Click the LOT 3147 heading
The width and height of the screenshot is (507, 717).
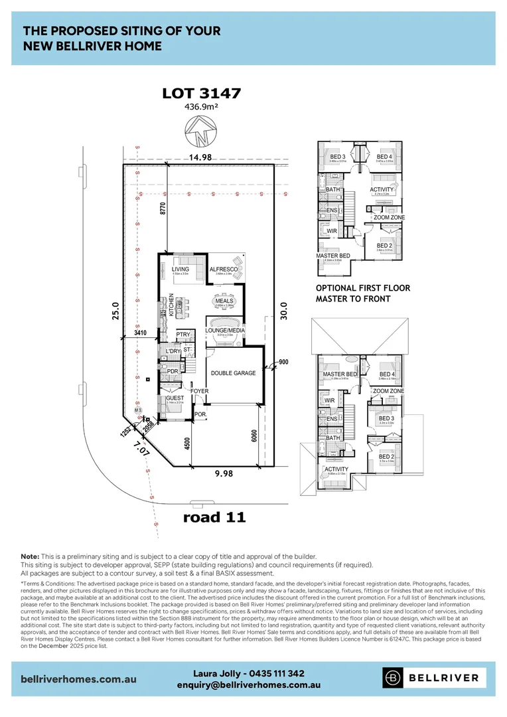201,94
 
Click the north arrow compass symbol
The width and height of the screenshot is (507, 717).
201,131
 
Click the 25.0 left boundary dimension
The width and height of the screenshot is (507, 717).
114,310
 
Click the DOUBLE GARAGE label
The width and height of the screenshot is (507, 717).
233,373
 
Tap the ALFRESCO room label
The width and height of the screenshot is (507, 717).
224,269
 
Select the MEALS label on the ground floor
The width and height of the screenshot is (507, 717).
224,301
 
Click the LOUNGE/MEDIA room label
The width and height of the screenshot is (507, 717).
226,330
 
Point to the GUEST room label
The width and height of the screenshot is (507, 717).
175,398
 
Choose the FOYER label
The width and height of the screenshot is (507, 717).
199,391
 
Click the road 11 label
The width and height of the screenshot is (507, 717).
214,518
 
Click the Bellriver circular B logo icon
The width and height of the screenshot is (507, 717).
394,678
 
